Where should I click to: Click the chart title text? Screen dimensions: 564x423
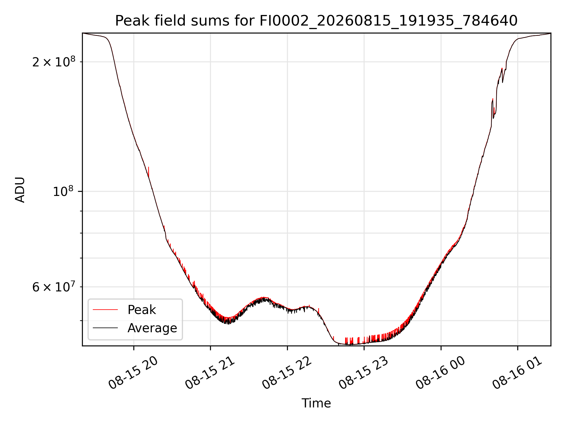(x=316, y=21)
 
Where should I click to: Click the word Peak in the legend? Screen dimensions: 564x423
(x=142, y=310)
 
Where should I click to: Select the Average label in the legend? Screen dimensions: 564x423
(x=152, y=328)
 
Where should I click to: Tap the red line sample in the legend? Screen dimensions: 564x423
(x=105, y=310)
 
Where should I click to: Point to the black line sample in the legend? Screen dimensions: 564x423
(x=105, y=328)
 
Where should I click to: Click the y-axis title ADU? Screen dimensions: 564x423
(x=20, y=190)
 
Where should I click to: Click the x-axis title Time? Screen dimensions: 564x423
(x=316, y=403)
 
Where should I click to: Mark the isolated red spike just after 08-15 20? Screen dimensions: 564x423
(x=149, y=172)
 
